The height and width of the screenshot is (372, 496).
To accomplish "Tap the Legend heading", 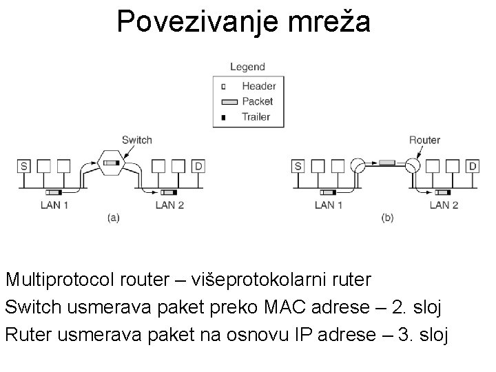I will point(248,67).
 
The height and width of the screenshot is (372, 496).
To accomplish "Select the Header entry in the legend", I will point(258,86).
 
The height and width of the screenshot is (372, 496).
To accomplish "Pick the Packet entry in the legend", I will point(257,101).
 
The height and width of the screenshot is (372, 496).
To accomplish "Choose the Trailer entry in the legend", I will point(256,116).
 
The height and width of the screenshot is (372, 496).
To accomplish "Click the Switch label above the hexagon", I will point(136,140).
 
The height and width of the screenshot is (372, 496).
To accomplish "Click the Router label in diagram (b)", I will point(424,140).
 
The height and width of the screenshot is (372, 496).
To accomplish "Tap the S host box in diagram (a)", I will point(24,166).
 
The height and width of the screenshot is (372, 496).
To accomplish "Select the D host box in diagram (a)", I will point(198,166).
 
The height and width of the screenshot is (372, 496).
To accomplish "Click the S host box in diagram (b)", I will point(298,166).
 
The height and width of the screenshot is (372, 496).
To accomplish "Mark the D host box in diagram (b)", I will point(473,166).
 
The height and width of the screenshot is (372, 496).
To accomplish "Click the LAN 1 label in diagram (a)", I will point(54,205).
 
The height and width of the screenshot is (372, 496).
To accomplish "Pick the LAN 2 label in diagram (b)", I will point(444,205).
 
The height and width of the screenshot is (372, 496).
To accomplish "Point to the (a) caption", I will point(114,218).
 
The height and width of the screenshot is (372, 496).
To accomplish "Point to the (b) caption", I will point(388,218).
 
